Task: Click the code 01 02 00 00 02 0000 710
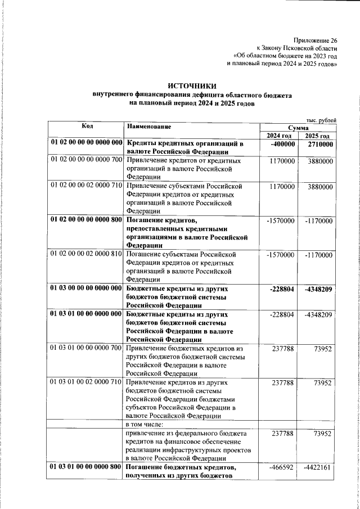click(86, 186)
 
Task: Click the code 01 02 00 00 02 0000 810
click(86, 255)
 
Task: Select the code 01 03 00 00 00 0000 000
click(86, 289)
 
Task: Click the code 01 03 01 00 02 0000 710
click(86, 382)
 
